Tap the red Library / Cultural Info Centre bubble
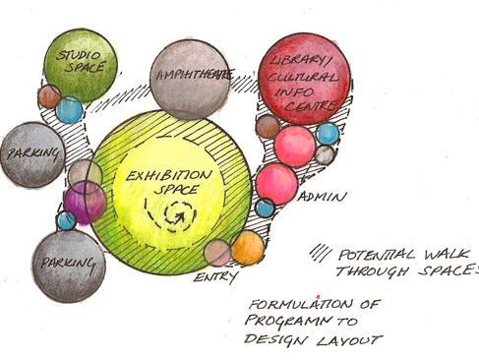point(304,82)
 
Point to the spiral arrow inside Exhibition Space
point(180,210)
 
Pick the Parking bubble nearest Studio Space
point(33,154)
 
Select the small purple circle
point(85,203)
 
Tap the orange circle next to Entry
point(248,247)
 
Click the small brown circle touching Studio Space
point(49,96)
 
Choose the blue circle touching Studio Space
point(69,110)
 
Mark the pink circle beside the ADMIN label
point(276,183)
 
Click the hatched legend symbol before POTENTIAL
point(319,252)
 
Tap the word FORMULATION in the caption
point(292,305)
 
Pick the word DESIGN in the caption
point(275,341)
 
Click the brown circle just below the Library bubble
point(268,126)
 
